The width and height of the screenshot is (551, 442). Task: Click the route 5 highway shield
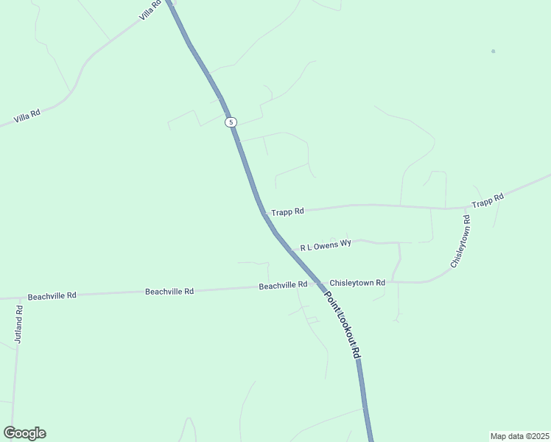click(231, 122)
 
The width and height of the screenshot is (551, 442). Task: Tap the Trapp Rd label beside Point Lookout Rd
click(287, 212)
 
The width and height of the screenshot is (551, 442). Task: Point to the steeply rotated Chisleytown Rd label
click(458, 242)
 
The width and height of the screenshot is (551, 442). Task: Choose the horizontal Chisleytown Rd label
click(357, 283)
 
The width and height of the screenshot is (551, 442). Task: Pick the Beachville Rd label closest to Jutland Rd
click(52, 296)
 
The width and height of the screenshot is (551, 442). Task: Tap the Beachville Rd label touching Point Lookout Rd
click(283, 285)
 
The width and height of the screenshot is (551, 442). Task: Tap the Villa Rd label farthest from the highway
click(26, 116)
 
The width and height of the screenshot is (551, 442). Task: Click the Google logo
click(24, 433)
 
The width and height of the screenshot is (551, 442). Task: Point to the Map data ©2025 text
click(519, 435)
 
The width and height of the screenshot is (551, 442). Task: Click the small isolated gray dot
click(493, 51)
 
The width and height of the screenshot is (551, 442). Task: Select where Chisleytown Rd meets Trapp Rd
click(466, 208)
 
